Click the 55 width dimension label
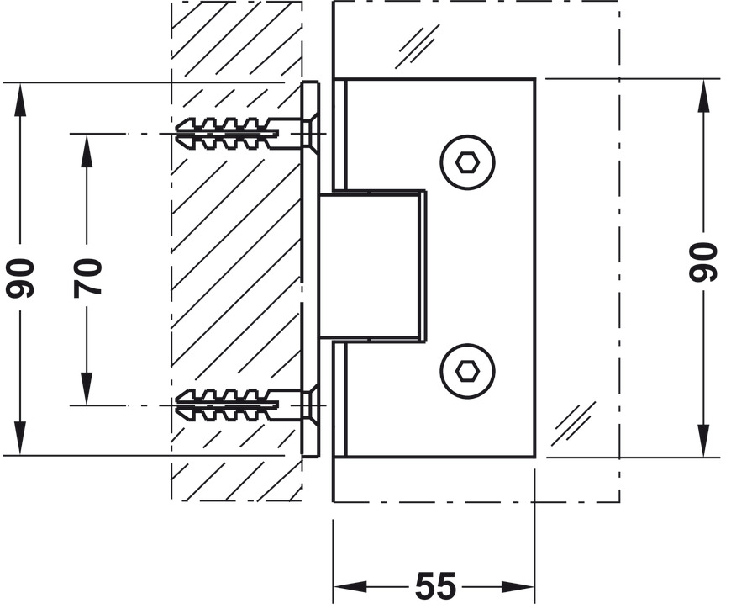pos(434,586)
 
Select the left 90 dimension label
pos(20,278)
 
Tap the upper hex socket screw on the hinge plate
pos(467,161)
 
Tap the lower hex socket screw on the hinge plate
pos(467,370)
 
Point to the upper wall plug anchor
pos(227,133)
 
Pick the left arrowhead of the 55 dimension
pos(344,587)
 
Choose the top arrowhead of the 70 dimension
pos(87,146)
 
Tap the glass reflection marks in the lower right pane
pos(575,422)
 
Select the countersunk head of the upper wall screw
pos(308,133)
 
